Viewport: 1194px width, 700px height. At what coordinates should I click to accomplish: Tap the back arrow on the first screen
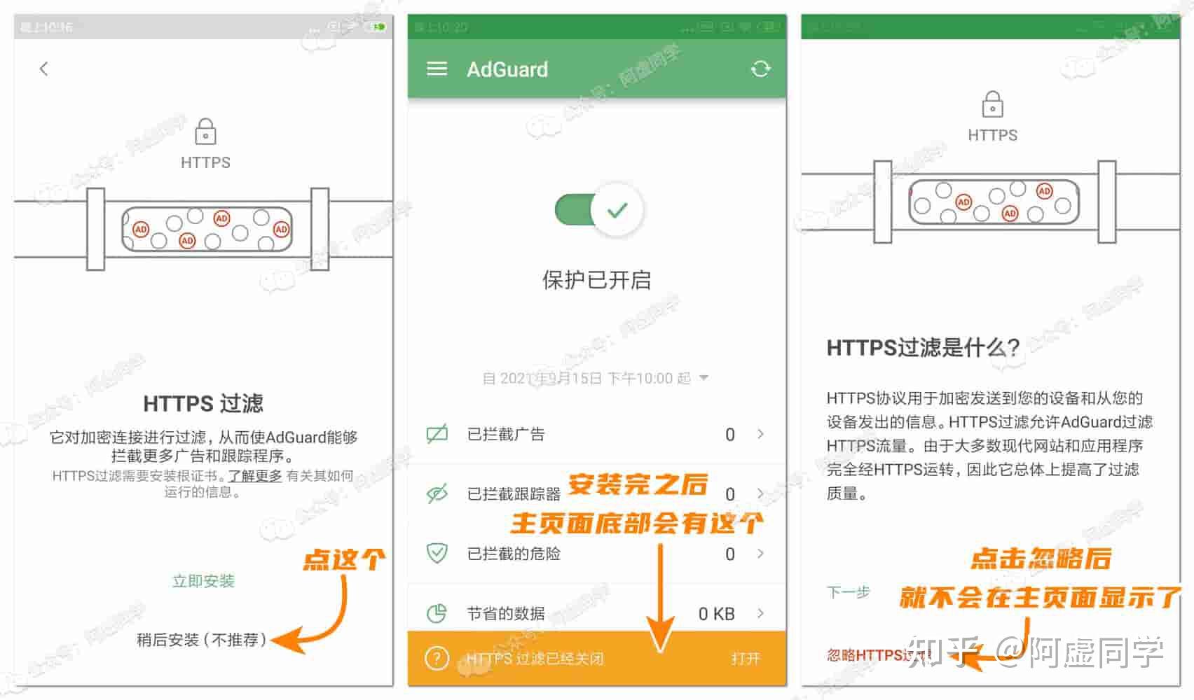44,69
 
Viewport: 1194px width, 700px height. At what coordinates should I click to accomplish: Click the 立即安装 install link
203,581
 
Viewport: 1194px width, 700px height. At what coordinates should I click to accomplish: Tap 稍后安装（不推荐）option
202,640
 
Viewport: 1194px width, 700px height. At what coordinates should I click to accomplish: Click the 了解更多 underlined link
255,476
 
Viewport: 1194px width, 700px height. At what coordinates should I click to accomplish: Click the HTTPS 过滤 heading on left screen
203,404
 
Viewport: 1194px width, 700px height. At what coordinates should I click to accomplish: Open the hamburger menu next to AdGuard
437,69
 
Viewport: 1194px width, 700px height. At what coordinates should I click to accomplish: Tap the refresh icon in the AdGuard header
760,69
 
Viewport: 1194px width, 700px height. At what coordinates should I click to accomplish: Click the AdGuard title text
507,69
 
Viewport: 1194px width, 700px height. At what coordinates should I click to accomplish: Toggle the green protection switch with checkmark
599,210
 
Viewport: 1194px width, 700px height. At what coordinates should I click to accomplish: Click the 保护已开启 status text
596,280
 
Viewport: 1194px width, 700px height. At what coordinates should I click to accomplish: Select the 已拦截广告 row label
506,434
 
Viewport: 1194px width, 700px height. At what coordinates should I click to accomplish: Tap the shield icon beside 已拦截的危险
437,553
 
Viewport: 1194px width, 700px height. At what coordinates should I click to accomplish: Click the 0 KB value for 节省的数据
716,614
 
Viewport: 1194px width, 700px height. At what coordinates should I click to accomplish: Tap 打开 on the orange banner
746,659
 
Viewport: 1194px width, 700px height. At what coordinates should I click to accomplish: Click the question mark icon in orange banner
437,659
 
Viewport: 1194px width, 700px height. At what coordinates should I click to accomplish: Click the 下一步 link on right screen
848,592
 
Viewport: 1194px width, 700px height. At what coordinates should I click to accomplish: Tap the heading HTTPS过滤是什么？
923,348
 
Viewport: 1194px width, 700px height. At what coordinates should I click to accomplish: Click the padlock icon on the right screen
992,105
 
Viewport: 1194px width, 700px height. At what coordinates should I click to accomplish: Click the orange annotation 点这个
343,559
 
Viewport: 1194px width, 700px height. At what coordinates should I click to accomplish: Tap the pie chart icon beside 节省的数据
437,613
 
